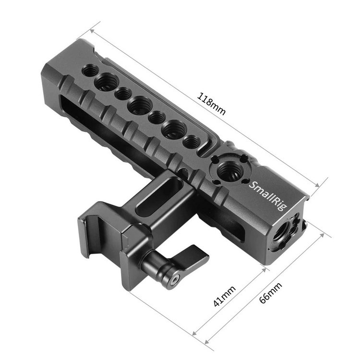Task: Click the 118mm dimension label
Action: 212,102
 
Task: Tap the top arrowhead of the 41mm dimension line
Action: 266,269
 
